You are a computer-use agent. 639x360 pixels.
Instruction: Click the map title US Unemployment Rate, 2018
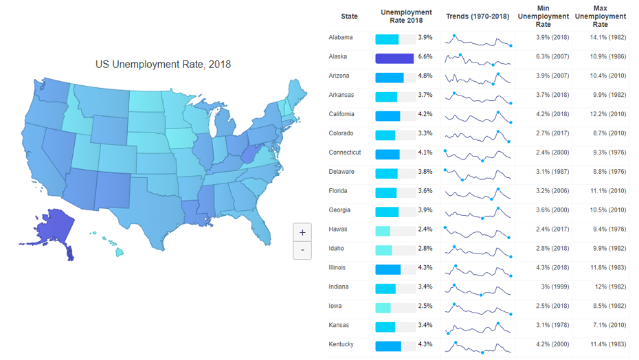(163, 65)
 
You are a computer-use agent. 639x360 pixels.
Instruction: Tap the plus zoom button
(302, 232)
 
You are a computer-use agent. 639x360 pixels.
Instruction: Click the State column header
(349, 16)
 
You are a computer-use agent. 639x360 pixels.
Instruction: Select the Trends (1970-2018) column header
(478, 16)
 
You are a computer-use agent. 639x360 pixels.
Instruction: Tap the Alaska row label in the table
(338, 56)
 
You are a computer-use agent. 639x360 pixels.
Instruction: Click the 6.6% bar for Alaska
(394, 58)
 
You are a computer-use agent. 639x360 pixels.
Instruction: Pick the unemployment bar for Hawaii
(383, 231)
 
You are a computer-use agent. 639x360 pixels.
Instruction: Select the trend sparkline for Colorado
(478, 134)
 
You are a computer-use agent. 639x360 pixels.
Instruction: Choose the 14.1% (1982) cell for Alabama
(608, 37)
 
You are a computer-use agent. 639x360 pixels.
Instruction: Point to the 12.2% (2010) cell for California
(608, 114)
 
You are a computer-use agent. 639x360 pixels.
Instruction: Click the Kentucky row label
(341, 344)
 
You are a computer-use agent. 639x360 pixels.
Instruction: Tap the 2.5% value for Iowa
(425, 306)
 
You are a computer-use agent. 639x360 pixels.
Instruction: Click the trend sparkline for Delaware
(478, 172)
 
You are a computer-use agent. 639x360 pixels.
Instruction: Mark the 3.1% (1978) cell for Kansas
(552, 325)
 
